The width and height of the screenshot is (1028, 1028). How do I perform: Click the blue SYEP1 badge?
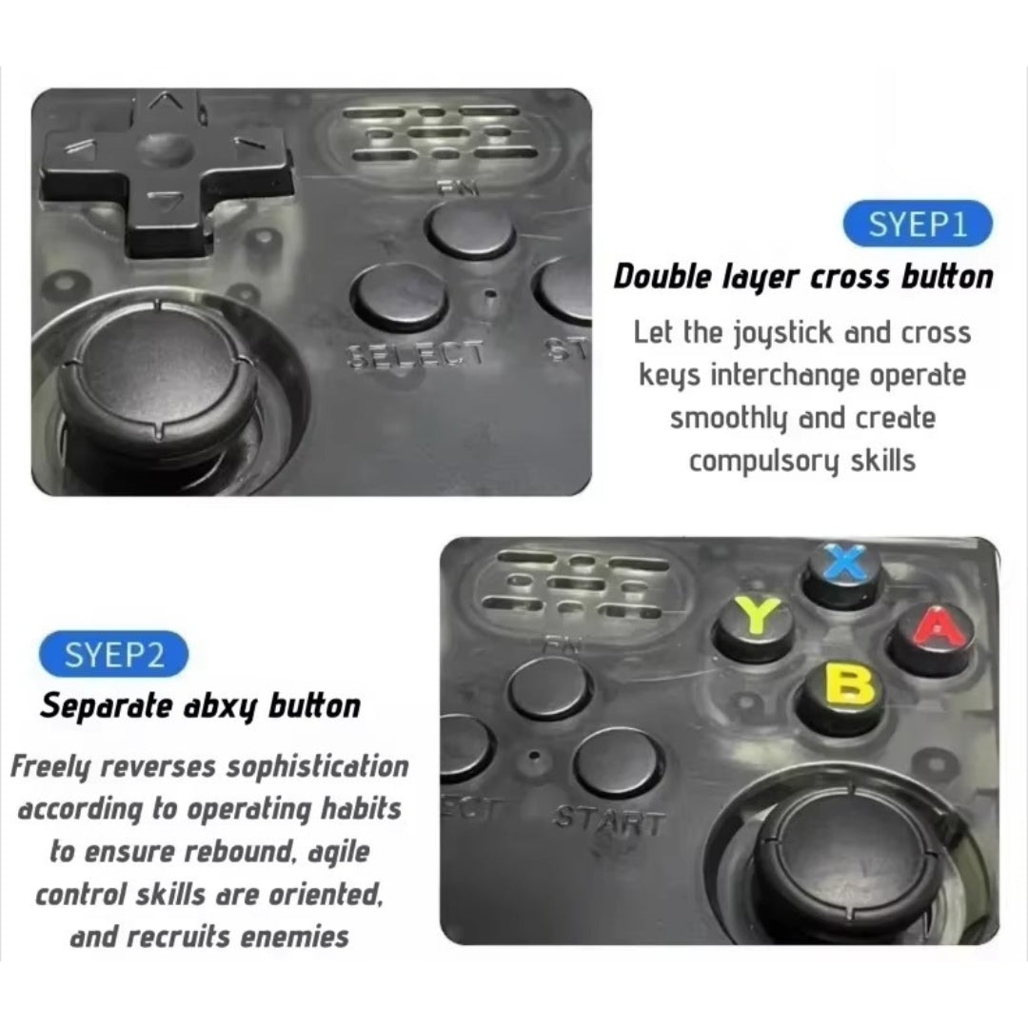coord(918,224)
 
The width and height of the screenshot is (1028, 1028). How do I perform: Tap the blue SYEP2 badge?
coord(114,654)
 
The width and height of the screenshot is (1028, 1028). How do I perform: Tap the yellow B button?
coord(841,696)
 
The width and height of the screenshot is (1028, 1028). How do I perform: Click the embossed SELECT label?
coord(417,355)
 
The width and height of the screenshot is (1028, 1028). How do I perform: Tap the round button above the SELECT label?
coord(400,297)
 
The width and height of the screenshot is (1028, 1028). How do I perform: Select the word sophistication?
coord(317,767)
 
